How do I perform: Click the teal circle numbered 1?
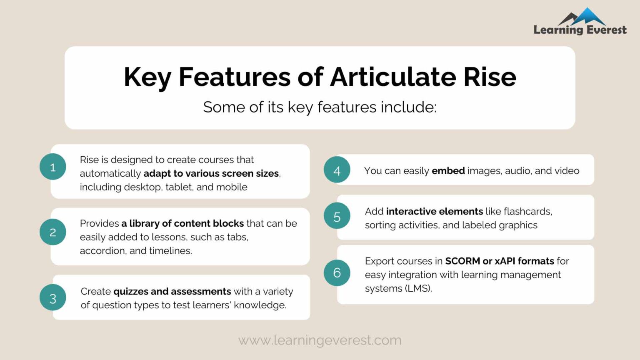pos(53,167)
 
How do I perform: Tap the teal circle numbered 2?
pos(53,232)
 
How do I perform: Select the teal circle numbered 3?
pos(53,297)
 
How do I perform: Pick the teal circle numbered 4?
pos(337,170)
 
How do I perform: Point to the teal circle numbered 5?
pos(337,216)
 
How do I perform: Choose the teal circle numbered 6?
pos(337,272)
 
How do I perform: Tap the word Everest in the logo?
pos(606,30)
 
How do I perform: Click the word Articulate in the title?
pos(393,77)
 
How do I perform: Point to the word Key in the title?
pos(147,78)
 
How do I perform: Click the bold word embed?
pos(448,171)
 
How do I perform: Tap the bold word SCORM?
pos(462,261)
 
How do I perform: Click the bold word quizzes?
pos(130,292)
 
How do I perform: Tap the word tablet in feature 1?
pos(179,187)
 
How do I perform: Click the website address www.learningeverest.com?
pos(320,340)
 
